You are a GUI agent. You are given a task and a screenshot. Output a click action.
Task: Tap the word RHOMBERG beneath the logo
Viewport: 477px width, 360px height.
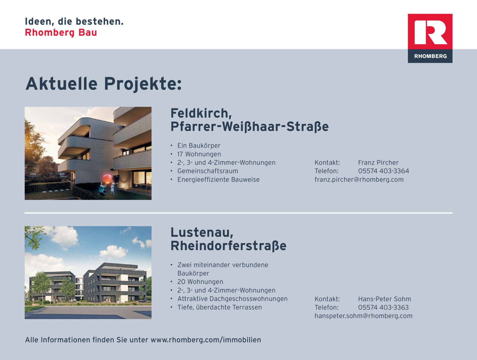tap(430, 56)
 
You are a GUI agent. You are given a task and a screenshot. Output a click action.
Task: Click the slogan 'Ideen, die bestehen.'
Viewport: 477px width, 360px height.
tap(74, 22)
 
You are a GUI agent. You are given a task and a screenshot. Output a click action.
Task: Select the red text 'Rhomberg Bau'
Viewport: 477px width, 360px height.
tap(61, 33)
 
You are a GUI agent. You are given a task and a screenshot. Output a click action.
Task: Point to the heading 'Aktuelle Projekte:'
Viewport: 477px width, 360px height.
tap(103, 84)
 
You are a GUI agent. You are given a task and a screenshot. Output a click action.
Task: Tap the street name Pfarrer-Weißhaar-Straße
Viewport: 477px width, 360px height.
tap(249, 126)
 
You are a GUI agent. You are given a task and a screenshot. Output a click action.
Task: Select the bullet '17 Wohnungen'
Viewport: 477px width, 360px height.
tap(199, 154)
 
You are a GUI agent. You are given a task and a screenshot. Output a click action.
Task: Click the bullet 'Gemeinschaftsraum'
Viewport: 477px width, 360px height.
tap(208, 171)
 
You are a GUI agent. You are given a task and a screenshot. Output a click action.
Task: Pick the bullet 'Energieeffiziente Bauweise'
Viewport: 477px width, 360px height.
tap(219, 180)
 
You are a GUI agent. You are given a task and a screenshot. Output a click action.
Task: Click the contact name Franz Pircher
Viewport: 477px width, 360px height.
tap(378, 162)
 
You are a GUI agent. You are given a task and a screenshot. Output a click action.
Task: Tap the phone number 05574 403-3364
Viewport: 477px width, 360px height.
tap(384, 171)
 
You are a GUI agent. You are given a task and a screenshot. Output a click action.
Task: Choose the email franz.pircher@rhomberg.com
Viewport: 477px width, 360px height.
tap(359, 180)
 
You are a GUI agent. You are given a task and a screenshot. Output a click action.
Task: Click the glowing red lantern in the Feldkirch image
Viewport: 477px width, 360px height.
tap(107, 178)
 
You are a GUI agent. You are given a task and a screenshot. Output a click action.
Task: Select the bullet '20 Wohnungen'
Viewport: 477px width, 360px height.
tap(200, 282)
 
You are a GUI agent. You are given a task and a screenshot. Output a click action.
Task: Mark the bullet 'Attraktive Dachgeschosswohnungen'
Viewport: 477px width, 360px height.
tap(232, 299)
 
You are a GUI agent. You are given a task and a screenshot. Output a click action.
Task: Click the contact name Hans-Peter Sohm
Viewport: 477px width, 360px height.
tap(385, 299)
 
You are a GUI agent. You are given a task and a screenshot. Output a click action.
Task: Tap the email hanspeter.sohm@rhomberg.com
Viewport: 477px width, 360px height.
tap(363, 316)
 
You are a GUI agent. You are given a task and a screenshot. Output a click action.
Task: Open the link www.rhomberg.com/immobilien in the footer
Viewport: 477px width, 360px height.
tap(206, 340)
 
